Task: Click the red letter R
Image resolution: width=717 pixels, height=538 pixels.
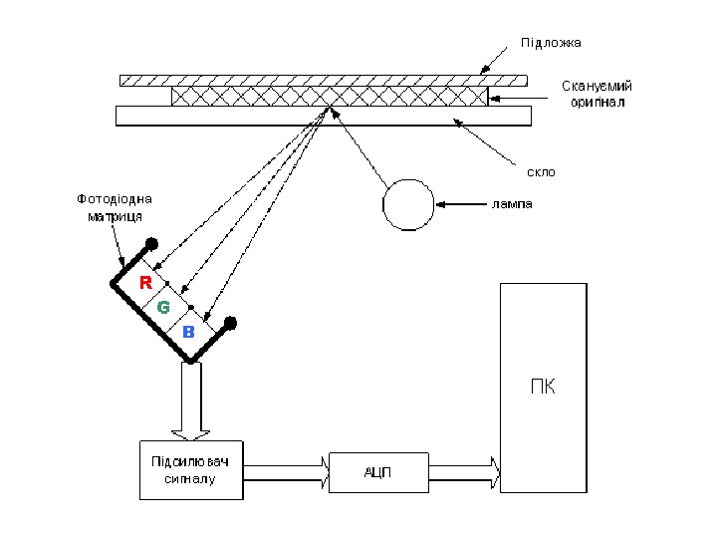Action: [145, 283]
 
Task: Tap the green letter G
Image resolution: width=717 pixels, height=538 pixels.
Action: [163, 307]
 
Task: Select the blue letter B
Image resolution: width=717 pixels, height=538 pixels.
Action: [188, 332]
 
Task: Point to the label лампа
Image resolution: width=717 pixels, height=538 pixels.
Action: [512, 204]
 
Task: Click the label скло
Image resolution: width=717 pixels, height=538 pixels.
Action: [541, 172]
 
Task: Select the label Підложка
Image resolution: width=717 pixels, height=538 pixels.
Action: [551, 43]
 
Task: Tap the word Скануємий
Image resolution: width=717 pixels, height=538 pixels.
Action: [597, 86]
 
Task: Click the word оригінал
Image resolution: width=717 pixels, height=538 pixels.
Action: [597, 102]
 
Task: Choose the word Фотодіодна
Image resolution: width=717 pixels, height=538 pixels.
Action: [115, 199]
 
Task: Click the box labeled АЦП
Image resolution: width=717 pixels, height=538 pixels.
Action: [378, 472]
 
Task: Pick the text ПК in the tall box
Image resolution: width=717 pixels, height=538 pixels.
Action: [544, 387]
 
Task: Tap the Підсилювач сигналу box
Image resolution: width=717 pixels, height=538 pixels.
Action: [191, 470]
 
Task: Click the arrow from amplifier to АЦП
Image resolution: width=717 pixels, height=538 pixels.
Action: [286, 473]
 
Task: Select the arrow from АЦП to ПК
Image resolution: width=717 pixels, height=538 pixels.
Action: [465, 473]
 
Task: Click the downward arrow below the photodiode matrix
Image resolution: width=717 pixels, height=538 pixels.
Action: [191, 401]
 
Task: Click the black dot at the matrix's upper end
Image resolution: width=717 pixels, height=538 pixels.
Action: [151, 244]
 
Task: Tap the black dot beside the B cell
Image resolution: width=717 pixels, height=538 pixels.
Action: [230, 324]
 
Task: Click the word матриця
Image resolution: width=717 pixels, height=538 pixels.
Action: [115, 216]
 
